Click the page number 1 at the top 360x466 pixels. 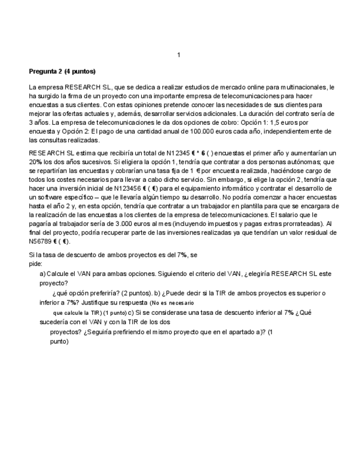coord(179,55)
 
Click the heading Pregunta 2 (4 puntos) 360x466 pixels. coord(62,71)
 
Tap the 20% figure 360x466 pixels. coord(36,162)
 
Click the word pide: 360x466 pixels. coord(35,263)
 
